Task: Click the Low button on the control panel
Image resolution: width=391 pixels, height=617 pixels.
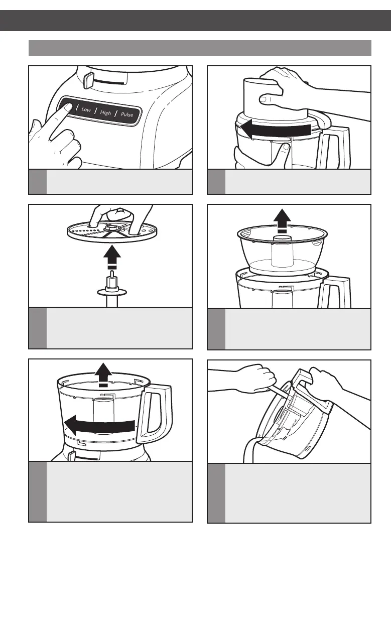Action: tap(86, 109)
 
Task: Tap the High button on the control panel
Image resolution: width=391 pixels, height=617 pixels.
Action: tap(105, 112)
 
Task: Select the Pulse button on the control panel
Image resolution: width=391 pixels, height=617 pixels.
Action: tap(127, 114)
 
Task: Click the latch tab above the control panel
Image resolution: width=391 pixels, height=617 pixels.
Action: tap(88, 80)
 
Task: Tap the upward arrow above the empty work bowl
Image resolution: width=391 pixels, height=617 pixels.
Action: tap(103, 375)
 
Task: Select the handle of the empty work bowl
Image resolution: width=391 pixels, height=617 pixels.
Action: tap(154, 414)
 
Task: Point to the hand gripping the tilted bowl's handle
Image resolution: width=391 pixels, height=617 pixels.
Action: tap(324, 383)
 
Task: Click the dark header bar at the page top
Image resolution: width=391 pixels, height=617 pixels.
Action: tap(196, 21)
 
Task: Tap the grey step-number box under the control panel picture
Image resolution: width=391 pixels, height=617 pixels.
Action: tap(38, 182)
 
